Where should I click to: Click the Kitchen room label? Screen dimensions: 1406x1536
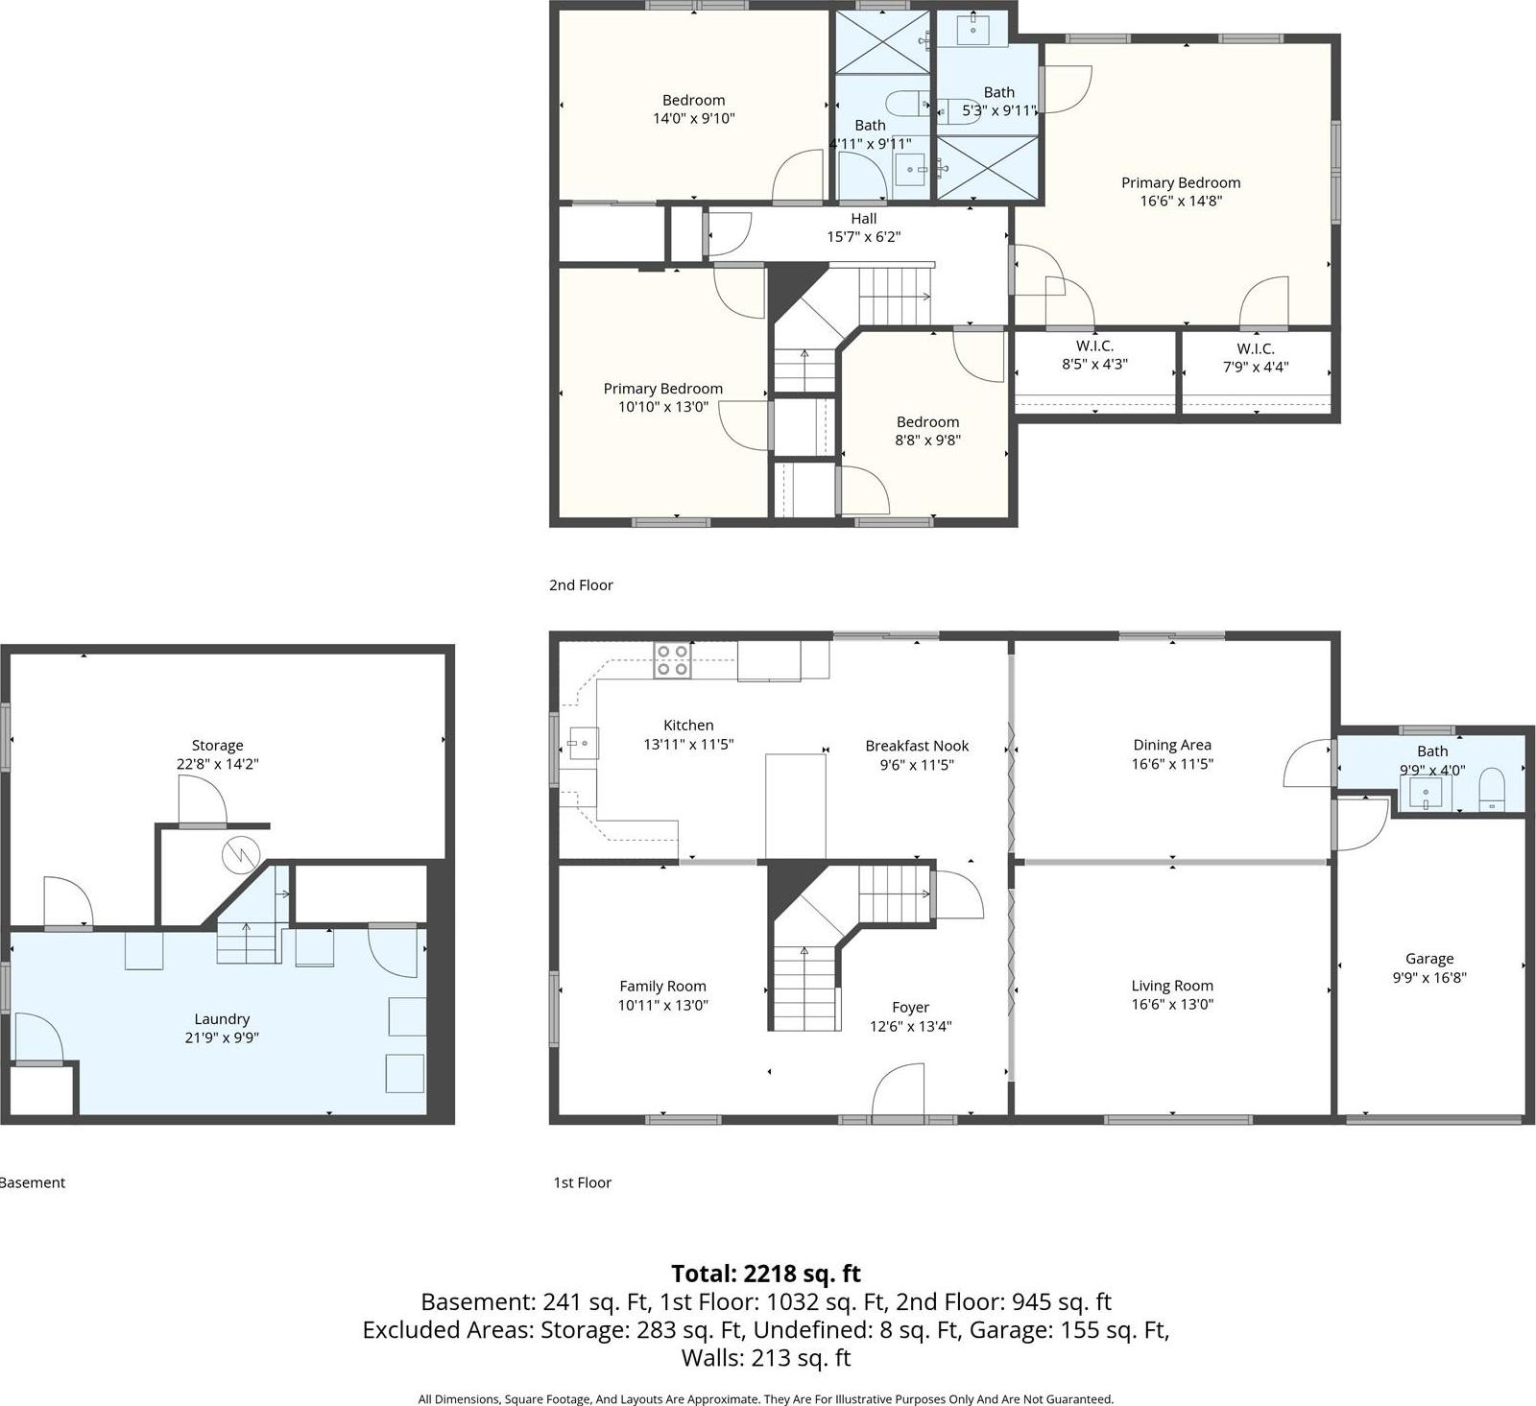[x=688, y=726]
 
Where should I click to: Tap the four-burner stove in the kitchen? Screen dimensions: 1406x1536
[x=672, y=660]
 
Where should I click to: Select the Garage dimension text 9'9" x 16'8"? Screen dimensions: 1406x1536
[x=1429, y=978]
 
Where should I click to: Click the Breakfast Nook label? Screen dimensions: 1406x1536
[x=917, y=746]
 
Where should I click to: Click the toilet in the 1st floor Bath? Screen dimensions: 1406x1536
[x=1492, y=788]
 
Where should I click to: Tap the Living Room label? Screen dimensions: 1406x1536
[x=1171, y=986]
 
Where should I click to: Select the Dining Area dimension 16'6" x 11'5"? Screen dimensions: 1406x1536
[x=1172, y=765]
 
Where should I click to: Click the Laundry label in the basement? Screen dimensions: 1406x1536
[x=222, y=1019]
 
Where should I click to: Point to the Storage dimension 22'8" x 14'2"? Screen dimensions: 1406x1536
[x=218, y=765]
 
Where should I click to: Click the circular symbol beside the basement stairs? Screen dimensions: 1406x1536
[x=240, y=854]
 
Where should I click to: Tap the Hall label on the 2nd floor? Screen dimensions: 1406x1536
[x=863, y=219]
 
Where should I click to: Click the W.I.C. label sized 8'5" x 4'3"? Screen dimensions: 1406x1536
[x=1094, y=346]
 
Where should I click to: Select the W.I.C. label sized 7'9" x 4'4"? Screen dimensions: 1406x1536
[x=1256, y=348]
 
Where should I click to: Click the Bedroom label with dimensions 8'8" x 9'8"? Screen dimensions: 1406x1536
[x=927, y=422]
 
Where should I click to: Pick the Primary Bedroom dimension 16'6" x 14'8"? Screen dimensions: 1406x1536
[x=1181, y=202]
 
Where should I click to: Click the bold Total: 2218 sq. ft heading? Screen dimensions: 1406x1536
[x=766, y=1274]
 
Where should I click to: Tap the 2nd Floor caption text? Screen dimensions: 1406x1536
[x=581, y=585]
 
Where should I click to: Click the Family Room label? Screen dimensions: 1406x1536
[x=662, y=987]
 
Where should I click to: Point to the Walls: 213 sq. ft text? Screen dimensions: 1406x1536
[x=766, y=1358]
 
